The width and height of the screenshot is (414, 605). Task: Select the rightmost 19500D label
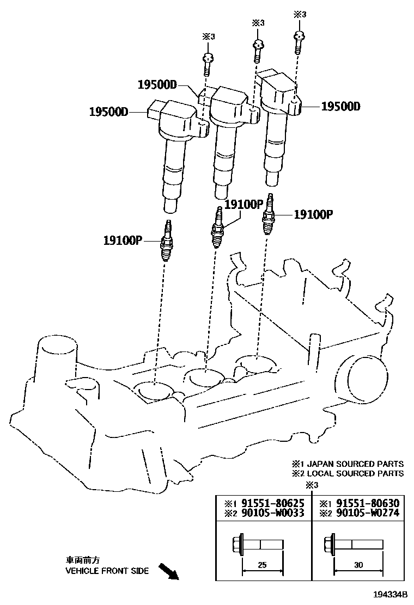[340, 107]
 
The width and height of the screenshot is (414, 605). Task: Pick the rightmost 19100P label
[313, 214]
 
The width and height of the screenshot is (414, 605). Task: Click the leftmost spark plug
[167, 242]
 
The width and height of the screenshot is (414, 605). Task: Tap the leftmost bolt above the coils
[206, 63]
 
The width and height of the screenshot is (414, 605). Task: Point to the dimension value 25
[262, 565]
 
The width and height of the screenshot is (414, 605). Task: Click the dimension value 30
[358, 565]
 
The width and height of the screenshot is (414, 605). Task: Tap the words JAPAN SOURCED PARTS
[355, 464]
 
